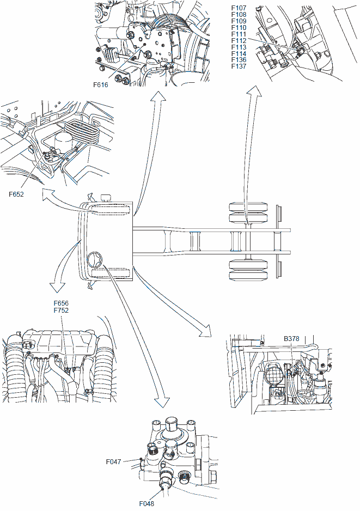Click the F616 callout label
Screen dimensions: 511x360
[x=101, y=84]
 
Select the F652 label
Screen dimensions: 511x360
[x=16, y=193]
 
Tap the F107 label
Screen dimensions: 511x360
[x=239, y=8]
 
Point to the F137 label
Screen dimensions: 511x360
[x=239, y=66]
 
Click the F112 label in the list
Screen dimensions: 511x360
[x=239, y=40]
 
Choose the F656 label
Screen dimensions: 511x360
[x=61, y=303]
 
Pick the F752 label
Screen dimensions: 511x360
[x=61, y=310]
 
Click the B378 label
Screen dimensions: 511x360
[x=291, y=338]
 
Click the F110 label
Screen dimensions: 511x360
[x=239, y=27]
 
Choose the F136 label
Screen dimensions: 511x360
[x=239, y=60]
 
